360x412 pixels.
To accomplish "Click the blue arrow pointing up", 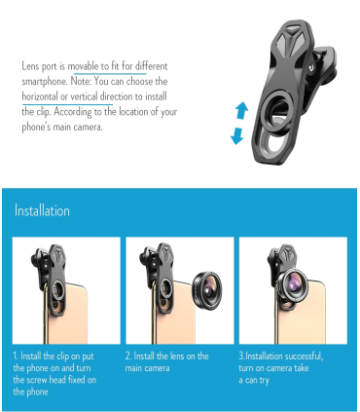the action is coord(242,111).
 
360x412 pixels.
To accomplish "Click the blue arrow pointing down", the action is coord(237,135).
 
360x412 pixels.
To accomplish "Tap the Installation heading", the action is coord(42,210).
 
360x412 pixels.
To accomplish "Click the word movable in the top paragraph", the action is coord(83,66).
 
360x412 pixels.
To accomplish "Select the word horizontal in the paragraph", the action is coord(40,96).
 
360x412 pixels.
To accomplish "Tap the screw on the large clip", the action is coord(311,67).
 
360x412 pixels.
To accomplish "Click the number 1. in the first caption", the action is coord(16,356).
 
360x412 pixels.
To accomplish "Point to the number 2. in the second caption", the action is coord(128,356).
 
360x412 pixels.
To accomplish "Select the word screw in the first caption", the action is coord(37,380).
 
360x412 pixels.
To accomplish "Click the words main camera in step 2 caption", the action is coord(147,368).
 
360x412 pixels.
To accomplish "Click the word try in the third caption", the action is coord(264,381).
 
